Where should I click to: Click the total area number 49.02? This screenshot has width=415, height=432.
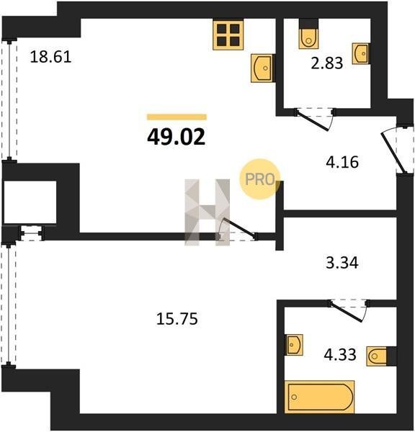coord(177,138)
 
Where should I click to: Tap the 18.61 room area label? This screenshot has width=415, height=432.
coord(50,57)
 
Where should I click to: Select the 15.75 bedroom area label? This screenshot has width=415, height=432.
coord(177,319)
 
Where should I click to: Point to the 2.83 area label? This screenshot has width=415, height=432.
coord(327,63)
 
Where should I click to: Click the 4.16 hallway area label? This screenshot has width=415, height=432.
coord(342,162)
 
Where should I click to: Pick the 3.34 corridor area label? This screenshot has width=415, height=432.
coord(342,263)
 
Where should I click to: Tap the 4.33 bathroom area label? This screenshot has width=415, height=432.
coord(340,354)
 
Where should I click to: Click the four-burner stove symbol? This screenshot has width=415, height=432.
coord(228,35)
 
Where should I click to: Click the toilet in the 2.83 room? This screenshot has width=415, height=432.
coord(309,35)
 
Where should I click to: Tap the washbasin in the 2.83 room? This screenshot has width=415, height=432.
coord(361,54)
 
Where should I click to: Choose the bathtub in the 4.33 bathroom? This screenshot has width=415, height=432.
coord(319,397)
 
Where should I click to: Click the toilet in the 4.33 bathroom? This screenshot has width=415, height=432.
coord(381,356)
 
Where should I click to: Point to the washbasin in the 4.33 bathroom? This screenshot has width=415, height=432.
coord(294,345)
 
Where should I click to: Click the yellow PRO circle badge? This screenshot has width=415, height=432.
coord(259,179)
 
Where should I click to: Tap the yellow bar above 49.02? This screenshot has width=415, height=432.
coord(177,117)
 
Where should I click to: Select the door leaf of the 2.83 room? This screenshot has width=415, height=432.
coord(312,121)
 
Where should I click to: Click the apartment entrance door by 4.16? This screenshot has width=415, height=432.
coord(393,153)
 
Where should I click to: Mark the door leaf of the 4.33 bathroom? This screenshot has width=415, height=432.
coord(345,312)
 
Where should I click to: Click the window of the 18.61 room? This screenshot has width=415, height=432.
coord(10,100)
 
